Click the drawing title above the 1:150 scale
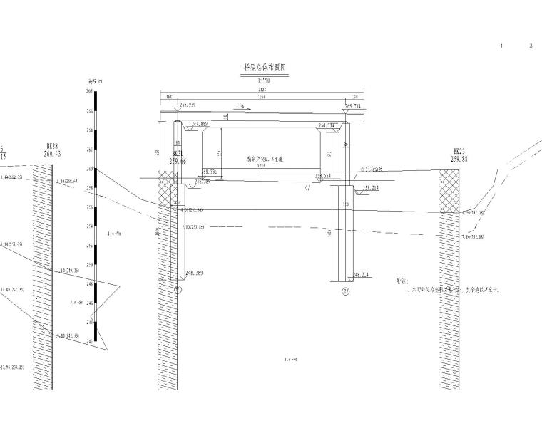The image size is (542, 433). tap(265, 67)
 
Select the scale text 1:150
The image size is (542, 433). tap(265, 80)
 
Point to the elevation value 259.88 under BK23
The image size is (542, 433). tap(459, 159)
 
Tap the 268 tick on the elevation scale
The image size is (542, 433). tap(89, 92)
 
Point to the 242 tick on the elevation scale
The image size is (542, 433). tap(89, 341)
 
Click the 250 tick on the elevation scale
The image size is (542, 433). tap(89, 264)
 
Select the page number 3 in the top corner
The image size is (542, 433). tap(531, 46)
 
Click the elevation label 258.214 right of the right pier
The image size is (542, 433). tap(365, 189)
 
